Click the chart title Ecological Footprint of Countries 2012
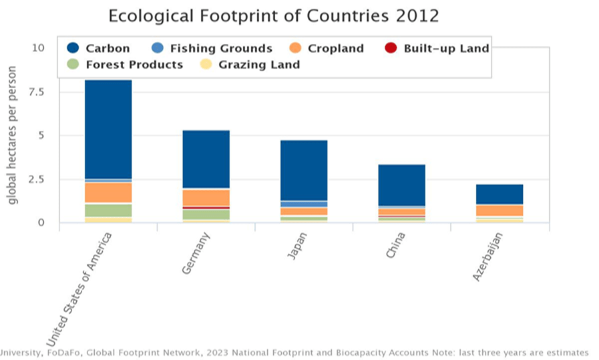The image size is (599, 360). pyautogui.click(x=274, y=15)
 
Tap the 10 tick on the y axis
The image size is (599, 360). pyautogui.click(x=38, y=48)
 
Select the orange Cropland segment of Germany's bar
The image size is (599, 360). pyautogui.click(x=206, y=198)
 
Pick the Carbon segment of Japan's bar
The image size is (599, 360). pyautogui.click(x=304, y=170)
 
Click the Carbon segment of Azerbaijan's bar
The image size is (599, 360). pyautogui.click(x=500, y=194)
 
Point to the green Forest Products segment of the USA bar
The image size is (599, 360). pyautogui.click(x=108, y=210)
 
